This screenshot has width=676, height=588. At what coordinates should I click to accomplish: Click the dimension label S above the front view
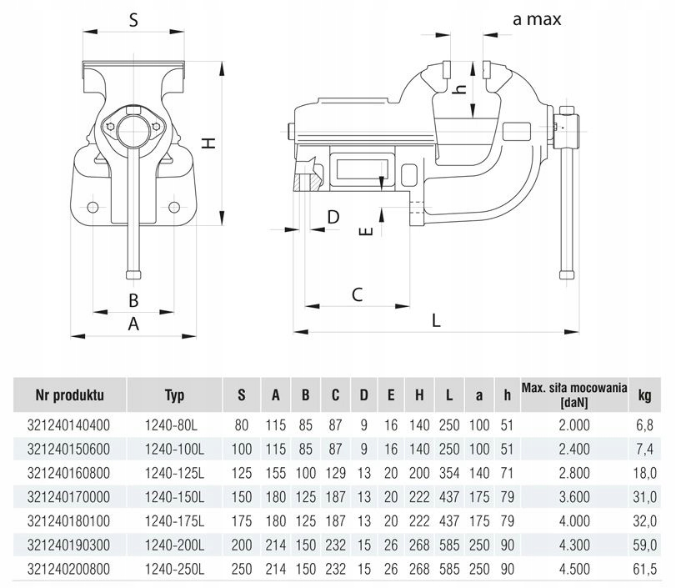click(133, 21)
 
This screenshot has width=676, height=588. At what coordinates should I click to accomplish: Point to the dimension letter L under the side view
click(436, 319)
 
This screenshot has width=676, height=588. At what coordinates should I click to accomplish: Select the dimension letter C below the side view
click(356, 294)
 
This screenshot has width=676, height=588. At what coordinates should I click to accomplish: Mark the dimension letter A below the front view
click(132, 325)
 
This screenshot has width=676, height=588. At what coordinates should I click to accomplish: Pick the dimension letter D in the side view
click(333, 217)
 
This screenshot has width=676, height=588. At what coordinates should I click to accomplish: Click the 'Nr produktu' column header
click(69, 395)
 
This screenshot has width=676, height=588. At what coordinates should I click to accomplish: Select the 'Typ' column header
click(174, 395)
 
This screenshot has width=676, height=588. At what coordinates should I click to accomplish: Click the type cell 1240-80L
click(174, 425)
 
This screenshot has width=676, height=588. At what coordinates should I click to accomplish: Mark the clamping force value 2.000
click(573, 425)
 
